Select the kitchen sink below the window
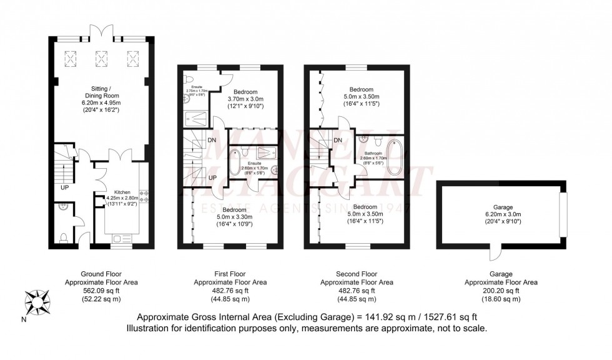[x=119, y=237]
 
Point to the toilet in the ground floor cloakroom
[x=64, y=237]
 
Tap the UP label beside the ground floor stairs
[x=64, y=187]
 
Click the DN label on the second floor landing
[x=338, y=140]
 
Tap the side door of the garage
[x=495, y=252]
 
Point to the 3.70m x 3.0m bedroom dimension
[x=239, y=99]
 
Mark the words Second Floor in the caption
[x=357, y=274]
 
